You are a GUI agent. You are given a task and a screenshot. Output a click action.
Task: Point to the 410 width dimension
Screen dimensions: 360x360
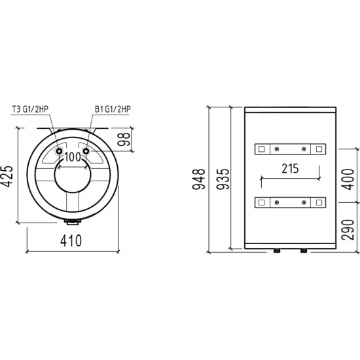[x=71, y=240]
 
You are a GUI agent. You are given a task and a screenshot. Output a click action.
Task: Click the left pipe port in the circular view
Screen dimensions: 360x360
[x=59, y=151]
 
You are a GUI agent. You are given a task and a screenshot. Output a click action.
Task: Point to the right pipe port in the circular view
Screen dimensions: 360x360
[x=86, y=151]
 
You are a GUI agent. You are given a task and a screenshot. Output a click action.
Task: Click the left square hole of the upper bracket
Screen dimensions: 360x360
[x=262, y=149]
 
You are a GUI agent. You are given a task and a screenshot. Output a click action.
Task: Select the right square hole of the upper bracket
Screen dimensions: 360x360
[x=319, y=149]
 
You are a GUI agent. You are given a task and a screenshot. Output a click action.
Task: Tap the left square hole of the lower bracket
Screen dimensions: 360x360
[x=262, y=201]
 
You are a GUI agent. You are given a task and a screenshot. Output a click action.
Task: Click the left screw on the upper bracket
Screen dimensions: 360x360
[x=276, y=149]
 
